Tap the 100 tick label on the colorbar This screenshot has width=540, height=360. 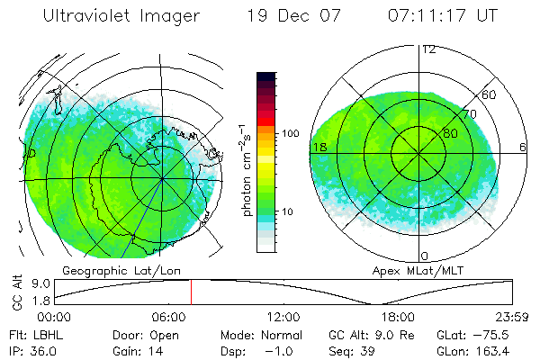(x=290, y=133)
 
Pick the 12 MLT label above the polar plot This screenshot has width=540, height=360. (x=428, y=49)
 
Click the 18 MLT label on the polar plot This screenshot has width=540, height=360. (x=319, y=147)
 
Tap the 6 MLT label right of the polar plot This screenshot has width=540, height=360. (x=523, y=147)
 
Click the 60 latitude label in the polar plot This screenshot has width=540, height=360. (x=489, y=94)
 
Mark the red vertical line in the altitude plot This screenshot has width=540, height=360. (x=191, y=292)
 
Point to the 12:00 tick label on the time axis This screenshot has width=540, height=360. (x=283, y=316)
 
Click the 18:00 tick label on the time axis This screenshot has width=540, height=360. (x=398, y=316)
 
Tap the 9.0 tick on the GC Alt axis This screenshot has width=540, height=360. (x=38, y=283)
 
